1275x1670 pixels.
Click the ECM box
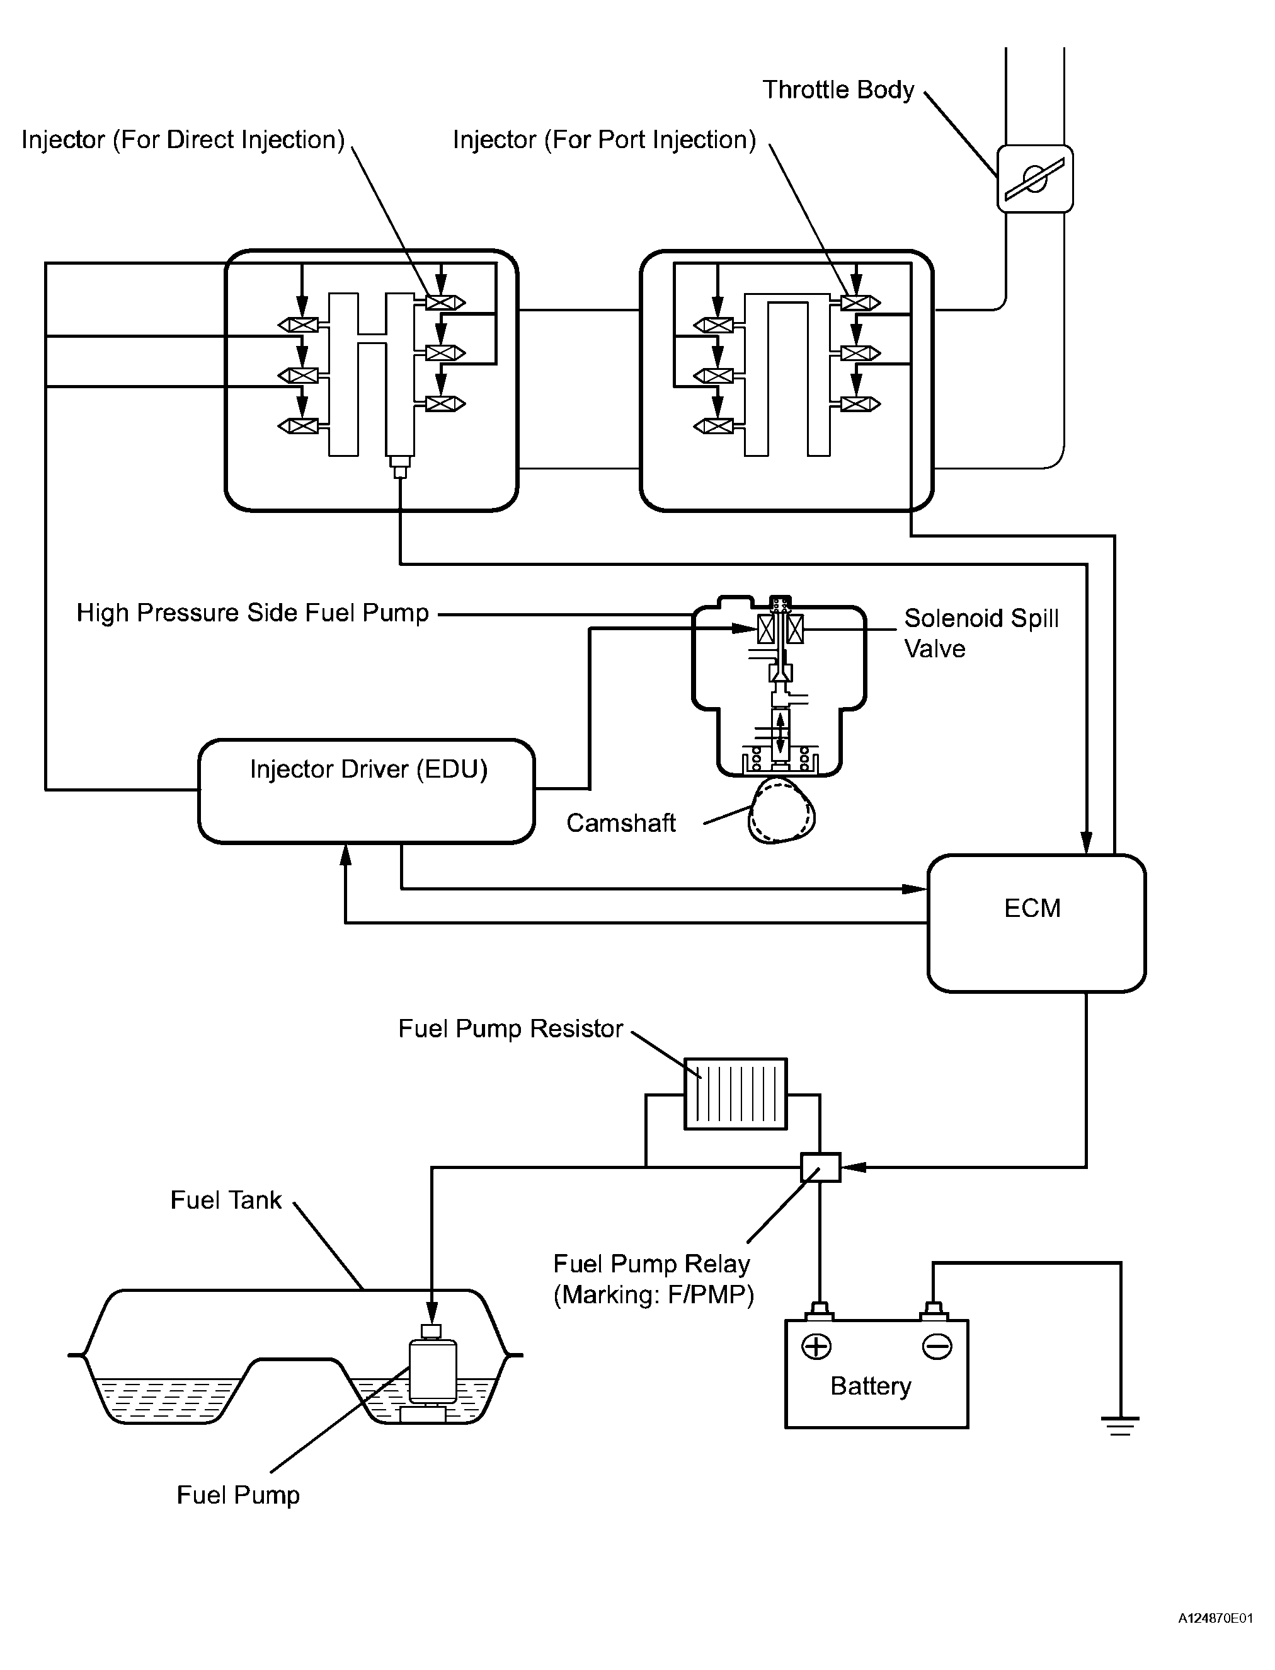coord(1036,923)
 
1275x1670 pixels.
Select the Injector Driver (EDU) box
coord(367,791)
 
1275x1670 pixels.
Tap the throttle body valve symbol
coord(1034,179)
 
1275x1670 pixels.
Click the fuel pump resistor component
coord(735,1094)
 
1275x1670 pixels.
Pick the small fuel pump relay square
coord(820,1166)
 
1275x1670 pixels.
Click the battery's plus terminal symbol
coord(816,1347)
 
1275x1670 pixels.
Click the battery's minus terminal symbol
coord(937,1347)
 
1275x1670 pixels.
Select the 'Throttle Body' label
coord(838,90)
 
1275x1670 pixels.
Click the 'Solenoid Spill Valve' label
coord(981,633)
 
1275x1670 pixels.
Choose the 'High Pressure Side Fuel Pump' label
coord(253,613)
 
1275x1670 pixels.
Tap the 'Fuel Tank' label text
coord(226,1200)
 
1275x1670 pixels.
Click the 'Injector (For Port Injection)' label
coord(604,141)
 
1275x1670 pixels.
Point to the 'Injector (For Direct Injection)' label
coord(183,141)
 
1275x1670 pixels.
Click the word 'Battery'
coord(871,1386)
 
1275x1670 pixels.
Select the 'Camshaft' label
coord(620,824)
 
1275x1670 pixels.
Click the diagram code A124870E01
coord(1215,1640)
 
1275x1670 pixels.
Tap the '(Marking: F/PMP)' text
coord(653,1295)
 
